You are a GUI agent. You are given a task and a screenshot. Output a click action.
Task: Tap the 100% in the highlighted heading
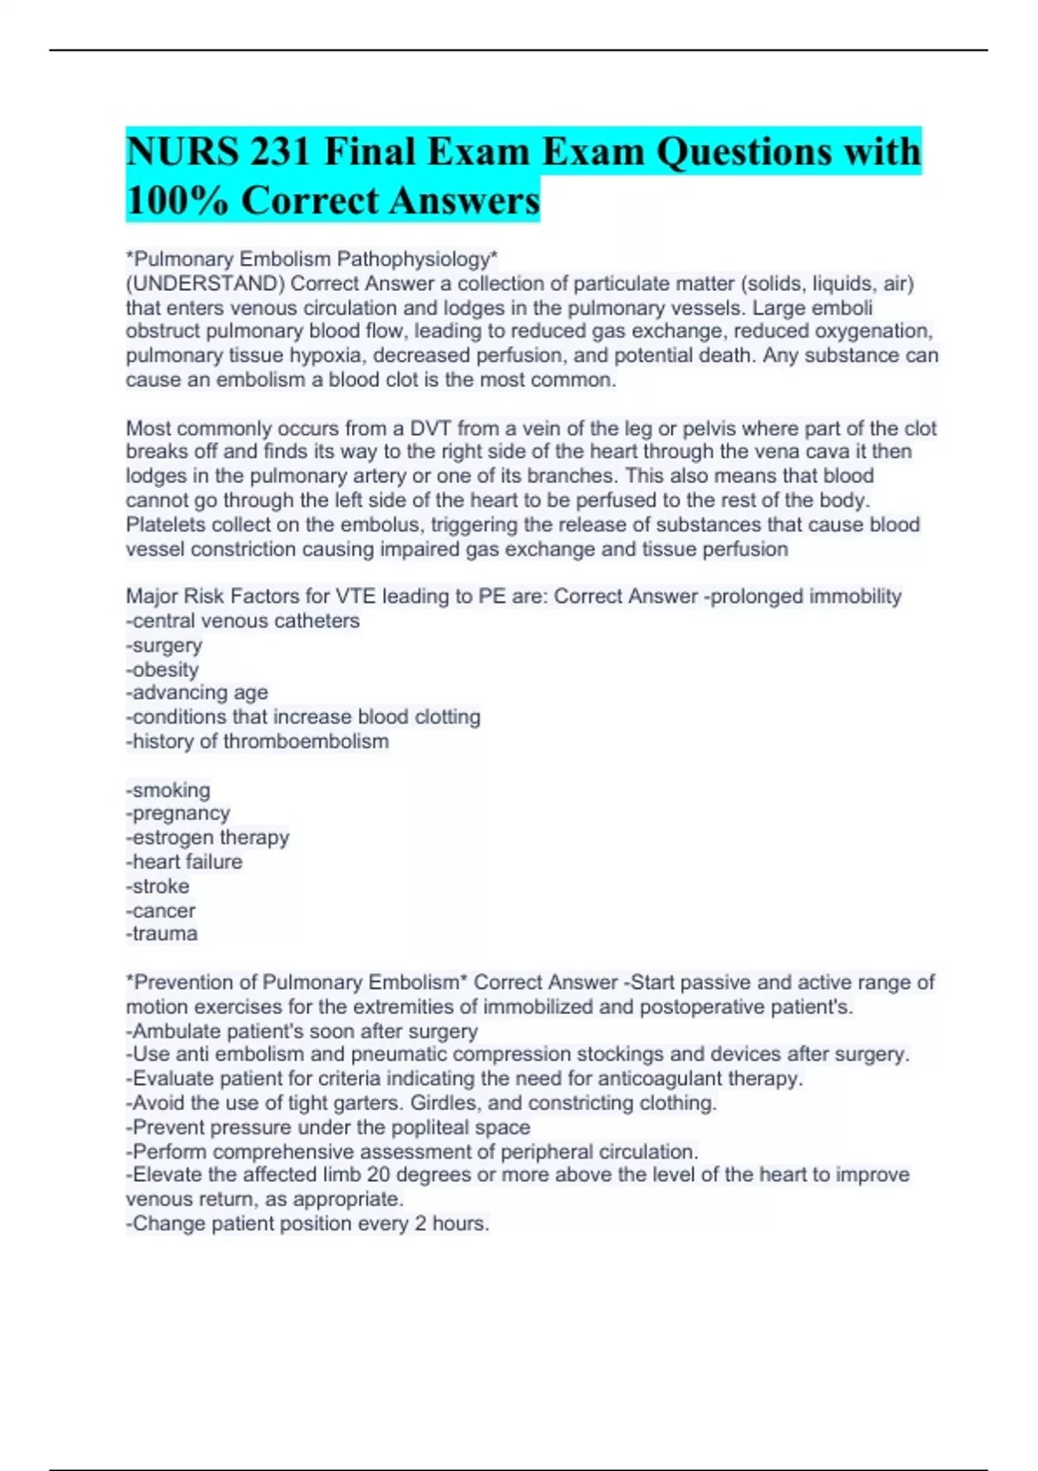pyautogui.click(x=177, y=201)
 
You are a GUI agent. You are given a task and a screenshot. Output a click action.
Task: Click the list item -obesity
pyautogui.click(x=163, y=670)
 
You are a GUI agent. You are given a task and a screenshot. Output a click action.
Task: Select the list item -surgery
pyautogui.click(x=164, y=646)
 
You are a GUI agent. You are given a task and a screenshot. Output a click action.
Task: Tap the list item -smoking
pyautogui.click(x=169, y=790)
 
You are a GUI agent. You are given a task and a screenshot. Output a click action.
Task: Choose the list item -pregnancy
pyautogui.click(x=178, y=813)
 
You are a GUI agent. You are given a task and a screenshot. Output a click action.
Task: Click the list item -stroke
pyautogui.click(x=157, y=886)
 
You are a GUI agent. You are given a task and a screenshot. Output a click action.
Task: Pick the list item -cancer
pyautogui.click(x=161, y=910)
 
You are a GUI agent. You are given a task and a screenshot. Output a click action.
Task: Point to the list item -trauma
pyautogui.click(x=162, y=934)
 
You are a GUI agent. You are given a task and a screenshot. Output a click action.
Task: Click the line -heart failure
pyautogui.click(x=184, y=862)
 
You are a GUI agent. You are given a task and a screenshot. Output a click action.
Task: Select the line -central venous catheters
pyautogui.click(x=243, y=620)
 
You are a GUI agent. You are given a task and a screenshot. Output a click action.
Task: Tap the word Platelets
pyautogui.click(x=165, y=524)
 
